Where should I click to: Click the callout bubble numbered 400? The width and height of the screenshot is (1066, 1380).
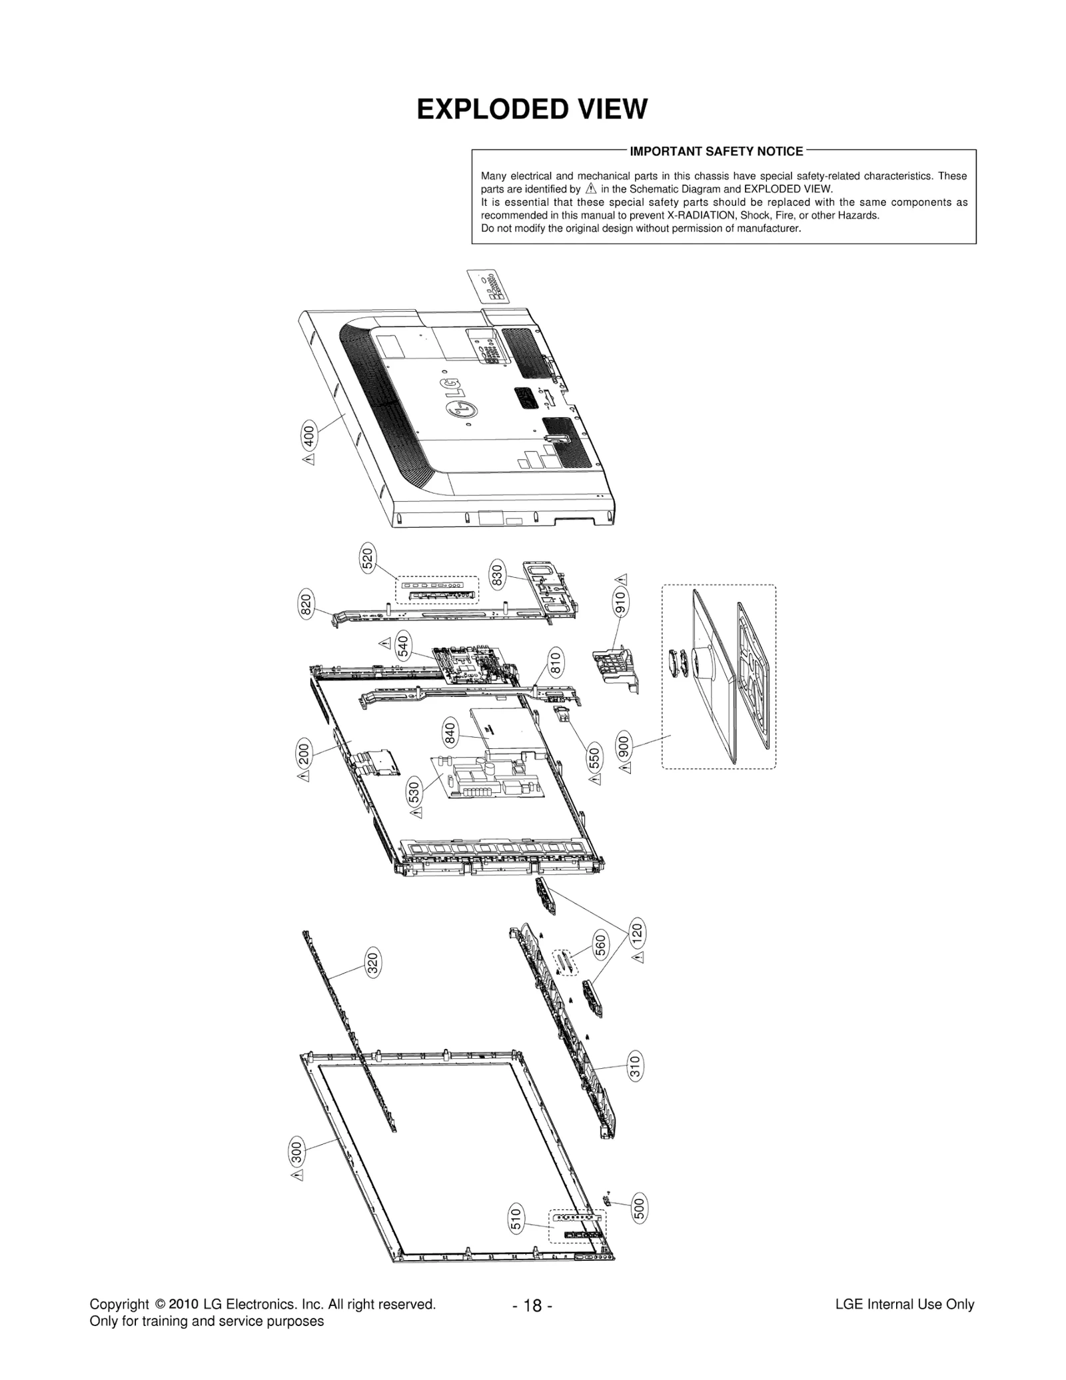308,436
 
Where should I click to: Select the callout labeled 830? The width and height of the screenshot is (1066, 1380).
497,574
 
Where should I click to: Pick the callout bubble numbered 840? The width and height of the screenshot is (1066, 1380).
450,733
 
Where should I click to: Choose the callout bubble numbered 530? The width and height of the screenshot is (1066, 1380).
414,792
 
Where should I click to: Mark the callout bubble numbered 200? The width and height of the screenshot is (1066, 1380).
304,754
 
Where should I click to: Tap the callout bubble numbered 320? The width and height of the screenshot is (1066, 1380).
373,962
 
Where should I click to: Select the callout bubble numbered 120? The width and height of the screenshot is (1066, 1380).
637,931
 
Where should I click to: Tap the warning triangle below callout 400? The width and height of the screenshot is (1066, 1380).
308,459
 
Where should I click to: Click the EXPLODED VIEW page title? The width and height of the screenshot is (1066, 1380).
532,109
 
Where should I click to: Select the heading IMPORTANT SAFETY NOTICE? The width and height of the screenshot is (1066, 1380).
716,151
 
